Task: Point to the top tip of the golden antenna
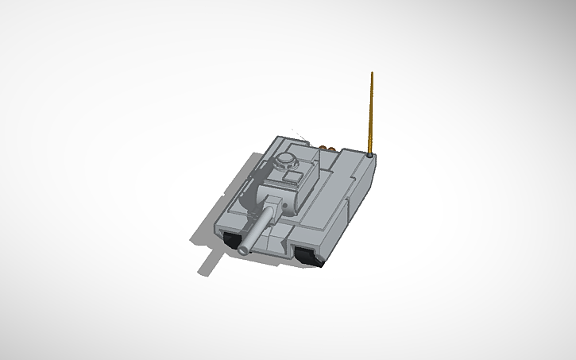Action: pyautogui.click(x=371, y=73)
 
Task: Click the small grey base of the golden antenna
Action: pyautogui.click(x=372, y=156)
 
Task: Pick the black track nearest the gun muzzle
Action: pyautogui.click(x=233, y=239)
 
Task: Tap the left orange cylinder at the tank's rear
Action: pyautogui.click(x=322, y=147)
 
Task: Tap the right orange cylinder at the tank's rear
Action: pyautogui.click(x=329, y=148)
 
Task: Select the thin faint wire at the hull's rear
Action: pyautogui.click(x=297, y=134)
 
